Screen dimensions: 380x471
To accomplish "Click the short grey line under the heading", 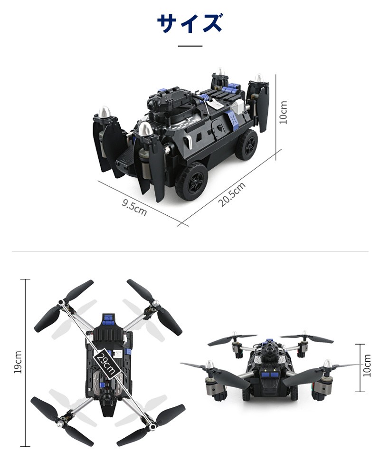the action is [190, 46].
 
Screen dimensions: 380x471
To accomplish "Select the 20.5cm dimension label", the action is [232, 194].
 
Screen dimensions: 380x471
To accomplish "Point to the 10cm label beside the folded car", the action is [283, 112].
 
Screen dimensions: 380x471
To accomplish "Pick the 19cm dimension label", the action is [18, 362].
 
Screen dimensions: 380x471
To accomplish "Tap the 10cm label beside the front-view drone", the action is [367, 365].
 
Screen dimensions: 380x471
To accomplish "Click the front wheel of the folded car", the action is [191, 182].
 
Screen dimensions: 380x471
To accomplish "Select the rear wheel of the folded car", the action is [247, 145].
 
